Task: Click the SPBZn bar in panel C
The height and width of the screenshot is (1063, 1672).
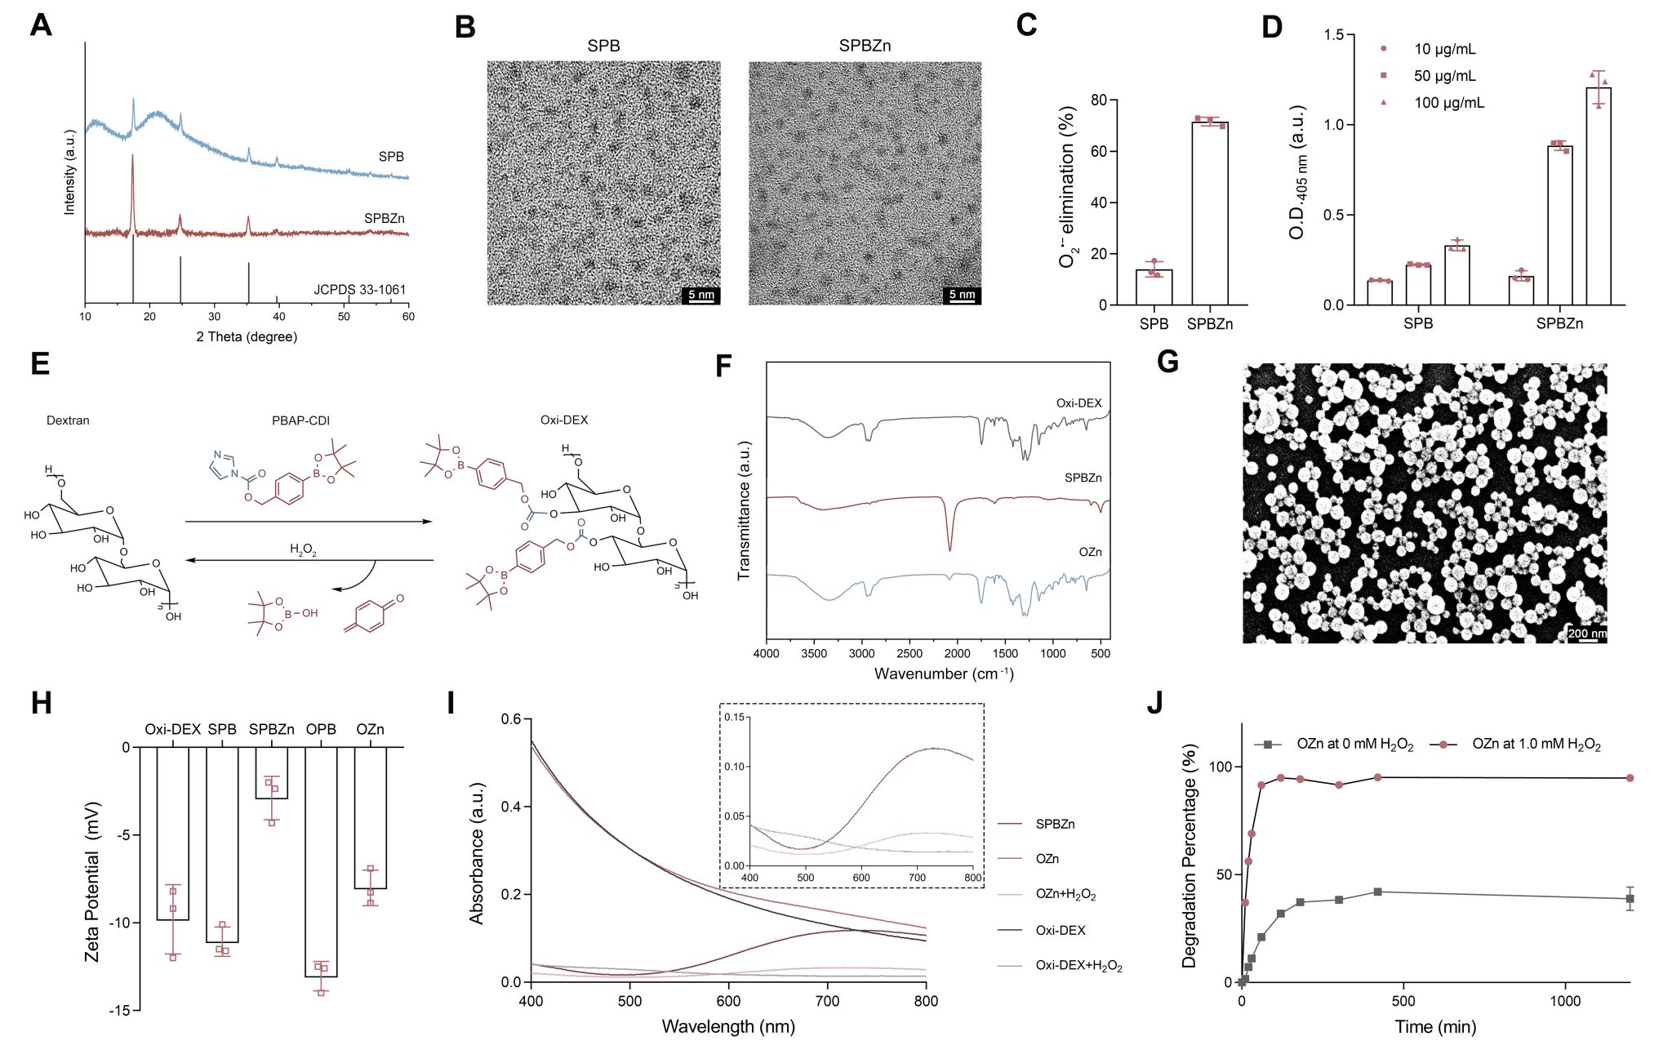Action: pos(1209,214)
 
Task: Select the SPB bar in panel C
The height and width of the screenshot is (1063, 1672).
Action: pos(1154,287)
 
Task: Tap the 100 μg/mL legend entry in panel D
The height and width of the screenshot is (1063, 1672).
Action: pos(1448,103)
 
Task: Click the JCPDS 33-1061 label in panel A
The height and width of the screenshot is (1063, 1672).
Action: pos(359,290)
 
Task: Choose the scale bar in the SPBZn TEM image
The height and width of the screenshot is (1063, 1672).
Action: pos(962,296)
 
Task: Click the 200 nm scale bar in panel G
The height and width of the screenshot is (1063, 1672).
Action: pos(1587,634)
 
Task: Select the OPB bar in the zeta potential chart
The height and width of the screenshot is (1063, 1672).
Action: pos(321,861)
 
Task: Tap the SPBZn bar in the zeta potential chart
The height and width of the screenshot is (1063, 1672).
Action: pos(272,772)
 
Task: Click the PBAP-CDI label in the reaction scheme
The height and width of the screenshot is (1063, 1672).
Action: pos(300,420)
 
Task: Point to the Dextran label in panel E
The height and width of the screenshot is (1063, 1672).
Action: pos(68,420)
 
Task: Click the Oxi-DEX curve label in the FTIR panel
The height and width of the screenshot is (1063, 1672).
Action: pos(1078,403)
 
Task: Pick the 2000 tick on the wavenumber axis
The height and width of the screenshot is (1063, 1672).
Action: pos(957,654)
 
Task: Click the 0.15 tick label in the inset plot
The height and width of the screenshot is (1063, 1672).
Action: pos(735,717)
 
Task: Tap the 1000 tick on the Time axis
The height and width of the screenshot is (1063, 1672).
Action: pos(1565,1002)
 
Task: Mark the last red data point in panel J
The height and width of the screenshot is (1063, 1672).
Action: pos(1630,778)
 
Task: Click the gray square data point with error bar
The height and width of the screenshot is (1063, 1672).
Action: pos(1630,898)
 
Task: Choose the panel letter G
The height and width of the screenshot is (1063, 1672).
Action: pos(1167,361)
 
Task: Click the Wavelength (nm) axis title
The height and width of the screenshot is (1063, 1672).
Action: pos(728,1026)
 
